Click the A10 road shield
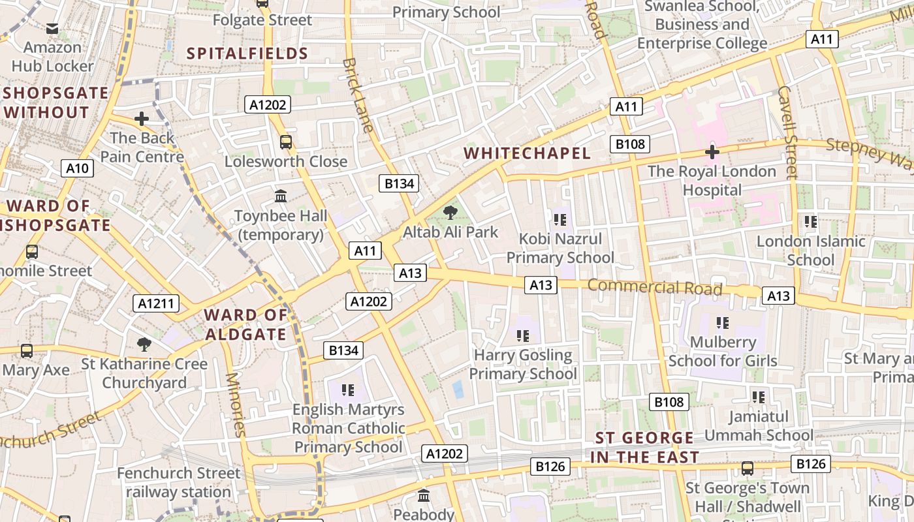[x=77, y=168]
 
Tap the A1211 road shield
[x=157, y=303]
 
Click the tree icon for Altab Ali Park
[x=450, y=212]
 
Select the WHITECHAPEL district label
[x=527, y=153]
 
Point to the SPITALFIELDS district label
[x=247, y=54]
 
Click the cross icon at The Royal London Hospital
[x=712, y=152]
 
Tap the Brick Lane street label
[x=358, y=95]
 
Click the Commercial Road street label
[x=655, y=287]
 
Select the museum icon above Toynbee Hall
[x=281, y=196]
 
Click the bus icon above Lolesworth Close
[x=285, y=142]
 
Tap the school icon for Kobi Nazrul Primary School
[x=559, y=219]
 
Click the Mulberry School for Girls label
[x=723, y=351]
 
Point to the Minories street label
[x=234, y=405]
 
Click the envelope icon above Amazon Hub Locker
[x=52, y=29]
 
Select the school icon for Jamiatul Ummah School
[x=758, y=397]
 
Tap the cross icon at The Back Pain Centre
[x=141, y=119]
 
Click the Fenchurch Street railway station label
[x=178, y=482]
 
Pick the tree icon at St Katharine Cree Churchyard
[x=144, y=344]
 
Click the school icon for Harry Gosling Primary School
[x=522, y=336]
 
